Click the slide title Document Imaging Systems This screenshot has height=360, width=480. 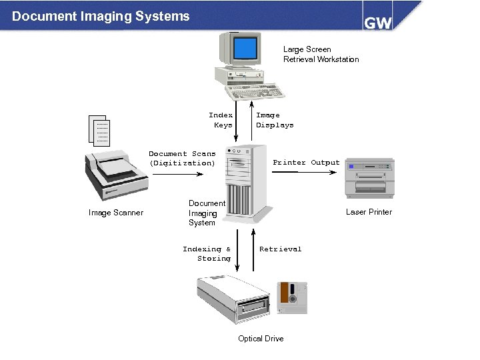101,16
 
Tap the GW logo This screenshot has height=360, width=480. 377,21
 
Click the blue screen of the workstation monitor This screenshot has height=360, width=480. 245,48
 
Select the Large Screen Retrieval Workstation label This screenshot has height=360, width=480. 321,54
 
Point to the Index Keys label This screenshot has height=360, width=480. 221,120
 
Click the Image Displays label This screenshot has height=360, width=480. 274,120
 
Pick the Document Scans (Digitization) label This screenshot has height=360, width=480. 182,158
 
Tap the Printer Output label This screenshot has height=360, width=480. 306,163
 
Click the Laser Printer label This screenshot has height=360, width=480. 369,212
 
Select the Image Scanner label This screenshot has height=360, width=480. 115,213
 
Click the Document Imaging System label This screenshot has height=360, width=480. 207,213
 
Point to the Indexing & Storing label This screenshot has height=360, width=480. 207,253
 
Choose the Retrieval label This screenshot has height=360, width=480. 280,249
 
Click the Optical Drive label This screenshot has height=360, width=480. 261,339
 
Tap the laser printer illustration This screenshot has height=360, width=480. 369,179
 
